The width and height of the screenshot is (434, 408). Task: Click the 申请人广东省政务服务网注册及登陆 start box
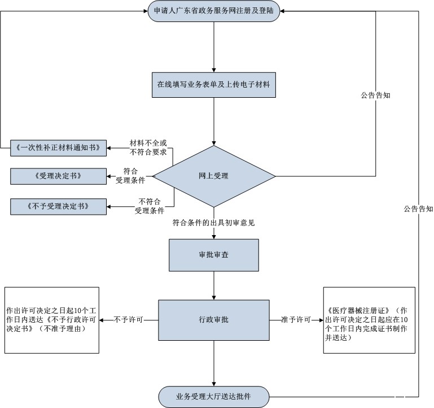pyautogui.click(x=214, y=12)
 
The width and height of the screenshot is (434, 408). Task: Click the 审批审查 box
pyautogui.click(x=214, y=255)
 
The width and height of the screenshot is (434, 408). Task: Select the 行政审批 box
pyautogui.click(x=214, y=320)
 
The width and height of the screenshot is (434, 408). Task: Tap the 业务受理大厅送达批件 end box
pyautogui.click(x=214, y=396)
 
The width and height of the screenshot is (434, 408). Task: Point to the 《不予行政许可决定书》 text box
pyautogui.click(x=52, y=320)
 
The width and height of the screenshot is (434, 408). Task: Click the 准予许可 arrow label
pyautogui.click(x=296, y=320)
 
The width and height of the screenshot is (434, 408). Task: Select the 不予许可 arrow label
pyautogui.click(x=129, y=320)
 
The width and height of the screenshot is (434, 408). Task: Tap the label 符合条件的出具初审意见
pyautogui.click(x=214, y=223)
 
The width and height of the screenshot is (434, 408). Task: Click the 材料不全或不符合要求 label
pyautogui.click(x=148, y=147)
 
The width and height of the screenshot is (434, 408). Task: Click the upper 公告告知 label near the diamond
pyautogui.click(x=376, y=96)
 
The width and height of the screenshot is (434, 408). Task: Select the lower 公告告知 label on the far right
pyautogui.click(x=418, y=209)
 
